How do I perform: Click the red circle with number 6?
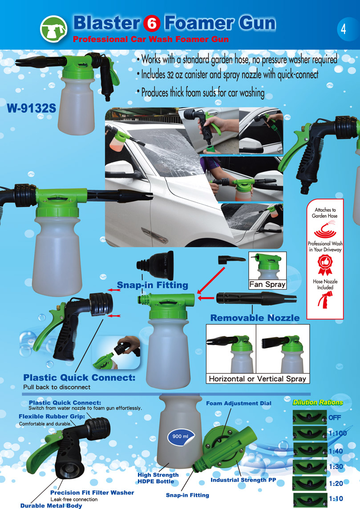[152, 24]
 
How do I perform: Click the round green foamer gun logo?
[53, 29]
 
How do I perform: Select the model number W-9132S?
[31, 108]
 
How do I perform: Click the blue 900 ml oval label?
[181, 436]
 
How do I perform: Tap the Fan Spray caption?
[267, 284]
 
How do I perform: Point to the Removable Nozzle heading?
[255, 318]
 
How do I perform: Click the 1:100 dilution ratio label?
[337, 433]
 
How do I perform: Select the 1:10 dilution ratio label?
[336, 499]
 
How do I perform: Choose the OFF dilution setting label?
[335, 417]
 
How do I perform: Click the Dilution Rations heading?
[317, 402]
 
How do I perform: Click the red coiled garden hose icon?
[324, 229]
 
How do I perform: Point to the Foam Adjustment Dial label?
[239, 403]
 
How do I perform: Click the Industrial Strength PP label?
[243, 480]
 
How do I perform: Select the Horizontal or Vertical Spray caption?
[257, 379]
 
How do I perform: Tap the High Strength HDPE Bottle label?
[158, 478]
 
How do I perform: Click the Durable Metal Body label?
[51, 505]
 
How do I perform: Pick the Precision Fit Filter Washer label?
[92, 493]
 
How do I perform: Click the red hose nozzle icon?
[324, 300]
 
